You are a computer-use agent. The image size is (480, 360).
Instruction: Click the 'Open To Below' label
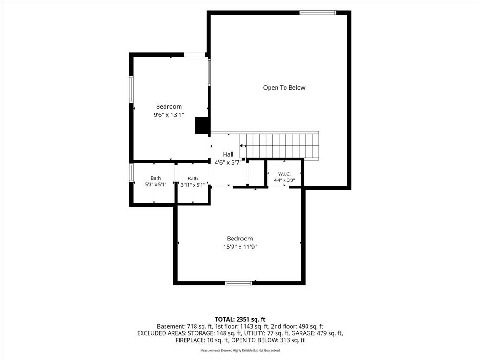tap(284, 88)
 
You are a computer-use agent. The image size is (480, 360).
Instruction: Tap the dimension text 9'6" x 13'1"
tap(169, 115)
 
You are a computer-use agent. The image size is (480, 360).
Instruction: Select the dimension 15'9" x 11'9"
tap(240, 247)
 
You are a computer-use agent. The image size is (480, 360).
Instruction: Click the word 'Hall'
tap(228, 154)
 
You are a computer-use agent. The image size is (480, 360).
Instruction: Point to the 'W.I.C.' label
tap(285, 174)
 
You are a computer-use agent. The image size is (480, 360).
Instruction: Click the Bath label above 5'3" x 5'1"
tap(156, 178)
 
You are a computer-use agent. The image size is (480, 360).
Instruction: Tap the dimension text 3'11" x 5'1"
tap(193, 185)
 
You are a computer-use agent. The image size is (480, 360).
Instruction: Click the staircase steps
tap(279, 145)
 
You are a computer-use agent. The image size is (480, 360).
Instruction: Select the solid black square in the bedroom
tap(202, 125)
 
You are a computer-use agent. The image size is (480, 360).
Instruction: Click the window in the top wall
tap(317, 13)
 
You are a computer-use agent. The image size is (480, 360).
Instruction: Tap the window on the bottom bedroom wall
tap(239, 283)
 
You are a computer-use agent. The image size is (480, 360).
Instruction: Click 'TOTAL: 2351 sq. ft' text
tap(240, 320)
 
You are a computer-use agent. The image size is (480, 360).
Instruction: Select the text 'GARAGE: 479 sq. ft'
tap(317, 333)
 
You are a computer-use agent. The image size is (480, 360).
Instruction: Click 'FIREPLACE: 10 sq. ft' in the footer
tap(202, 340)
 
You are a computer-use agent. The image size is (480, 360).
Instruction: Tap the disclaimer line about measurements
tap(240, 350)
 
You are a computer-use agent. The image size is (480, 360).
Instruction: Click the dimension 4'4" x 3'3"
tap(285, 180)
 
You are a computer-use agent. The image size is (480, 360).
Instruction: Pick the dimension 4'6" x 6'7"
tap(228, 163)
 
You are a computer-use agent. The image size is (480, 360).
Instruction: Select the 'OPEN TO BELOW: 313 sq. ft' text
tap(268, 340)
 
